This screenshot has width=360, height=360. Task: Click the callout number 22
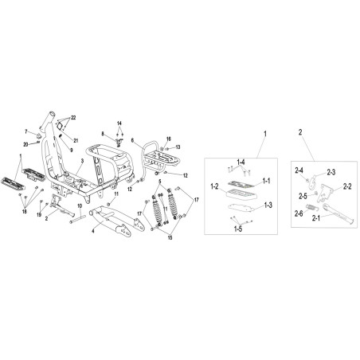pos(73,118)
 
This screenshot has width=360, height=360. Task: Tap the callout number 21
pos(76,141)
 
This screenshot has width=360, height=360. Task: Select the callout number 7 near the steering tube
pos(26,131)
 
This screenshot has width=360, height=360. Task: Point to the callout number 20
pos(25,144)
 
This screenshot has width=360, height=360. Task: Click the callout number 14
pos(119,123)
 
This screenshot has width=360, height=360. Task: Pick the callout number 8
pos(103,134)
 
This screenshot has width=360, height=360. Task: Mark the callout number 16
pos(169,139)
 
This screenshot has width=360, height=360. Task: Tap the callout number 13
pos(178,147)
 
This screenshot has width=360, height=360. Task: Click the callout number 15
pos(170,238)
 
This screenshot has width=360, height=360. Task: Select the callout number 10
pos(80,205)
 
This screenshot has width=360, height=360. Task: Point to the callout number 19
pos(39,214)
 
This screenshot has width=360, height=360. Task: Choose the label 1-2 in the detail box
pos(214,186)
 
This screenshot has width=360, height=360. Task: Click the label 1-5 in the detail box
pos(238,229)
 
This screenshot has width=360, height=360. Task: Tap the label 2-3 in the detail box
pos(331,172)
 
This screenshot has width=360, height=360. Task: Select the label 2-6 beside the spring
pos(299,213)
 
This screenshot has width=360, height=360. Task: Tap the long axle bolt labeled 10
pos(78,219)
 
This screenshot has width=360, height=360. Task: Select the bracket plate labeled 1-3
pos(243,208)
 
